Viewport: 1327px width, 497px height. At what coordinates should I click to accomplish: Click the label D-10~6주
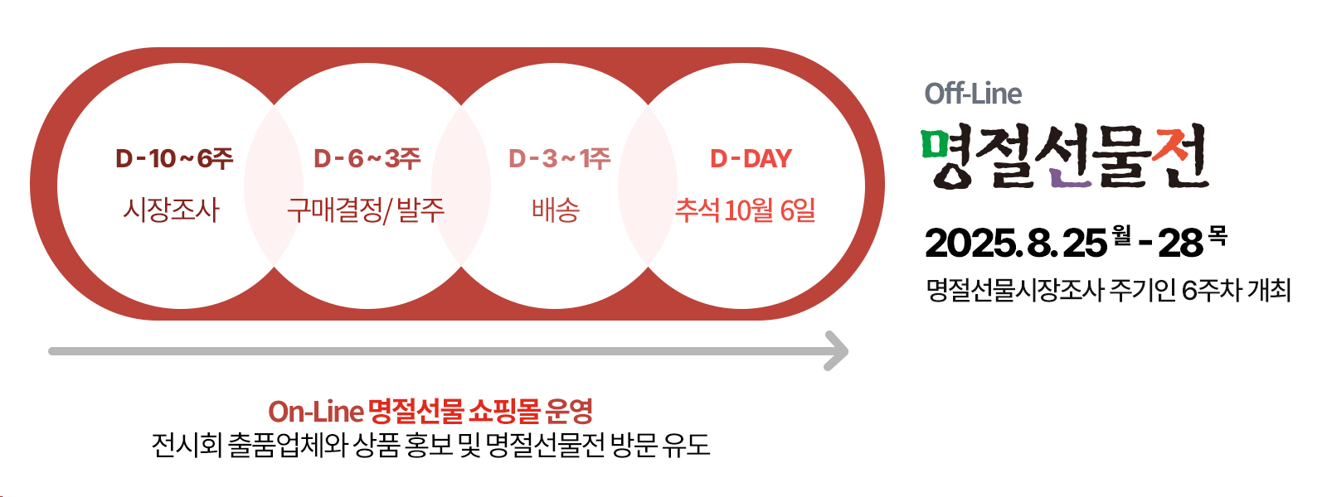(174, 158)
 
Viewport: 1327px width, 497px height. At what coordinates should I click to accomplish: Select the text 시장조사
(171, 210)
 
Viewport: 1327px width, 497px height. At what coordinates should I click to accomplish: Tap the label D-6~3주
(367, 158)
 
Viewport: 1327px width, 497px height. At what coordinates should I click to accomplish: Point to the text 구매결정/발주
(366, 210)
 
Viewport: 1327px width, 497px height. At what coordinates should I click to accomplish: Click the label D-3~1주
(559, 158)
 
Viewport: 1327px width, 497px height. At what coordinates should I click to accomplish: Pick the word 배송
(555, 210)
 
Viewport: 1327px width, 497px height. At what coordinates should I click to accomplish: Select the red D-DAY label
(751, 158)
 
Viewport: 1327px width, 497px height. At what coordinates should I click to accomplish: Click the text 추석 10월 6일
(746, 210)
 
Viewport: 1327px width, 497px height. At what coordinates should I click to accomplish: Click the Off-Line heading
(973, 94)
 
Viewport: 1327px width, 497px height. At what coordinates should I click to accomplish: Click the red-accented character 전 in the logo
(1179, 157)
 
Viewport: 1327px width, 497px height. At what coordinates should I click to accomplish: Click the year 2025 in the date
(970, 244)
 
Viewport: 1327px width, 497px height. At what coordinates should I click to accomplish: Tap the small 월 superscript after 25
(1121, 235)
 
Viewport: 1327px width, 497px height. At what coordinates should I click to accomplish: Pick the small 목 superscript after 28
(1218, 235)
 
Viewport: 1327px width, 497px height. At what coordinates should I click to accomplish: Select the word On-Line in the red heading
(315, 412)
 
